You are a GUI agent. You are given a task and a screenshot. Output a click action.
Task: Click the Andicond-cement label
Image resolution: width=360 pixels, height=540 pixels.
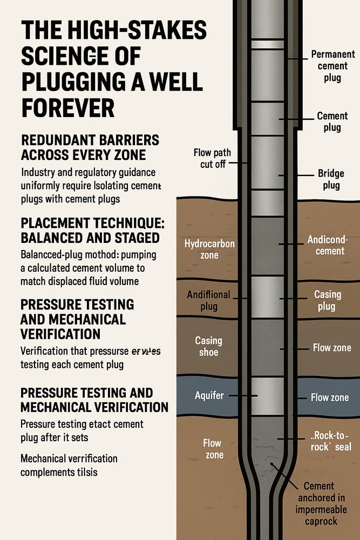(325, 245)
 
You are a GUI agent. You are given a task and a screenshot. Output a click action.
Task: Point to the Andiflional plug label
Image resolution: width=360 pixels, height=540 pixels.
(208, 301)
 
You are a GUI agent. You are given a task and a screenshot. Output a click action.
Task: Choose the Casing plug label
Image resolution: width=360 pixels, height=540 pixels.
(327, 300)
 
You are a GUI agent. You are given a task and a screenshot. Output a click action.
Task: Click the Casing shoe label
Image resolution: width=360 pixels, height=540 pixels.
(208, 346)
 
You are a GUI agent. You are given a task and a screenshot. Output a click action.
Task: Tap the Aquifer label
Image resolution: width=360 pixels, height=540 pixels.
(209, 395)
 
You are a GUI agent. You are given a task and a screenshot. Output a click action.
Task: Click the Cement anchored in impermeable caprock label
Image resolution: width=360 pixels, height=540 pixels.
(319, 504)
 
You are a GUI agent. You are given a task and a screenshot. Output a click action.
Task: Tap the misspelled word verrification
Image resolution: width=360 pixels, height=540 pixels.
(88, 458)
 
